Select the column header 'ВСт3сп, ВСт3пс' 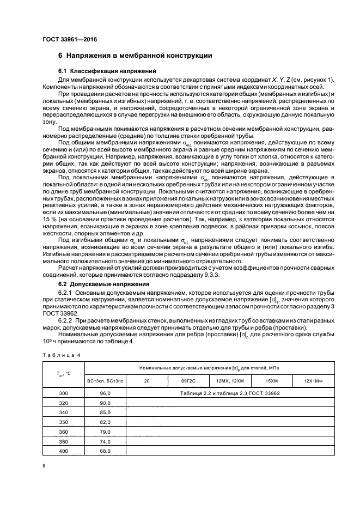tap(106, 381)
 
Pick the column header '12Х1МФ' tap(313, 381)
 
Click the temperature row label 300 tap(64, 392)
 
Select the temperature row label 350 tap(64, 422)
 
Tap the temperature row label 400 tap(64, 451)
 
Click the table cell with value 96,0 tap(106, 392)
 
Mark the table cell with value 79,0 tap(106, 432)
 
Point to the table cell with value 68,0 tap(106, 451)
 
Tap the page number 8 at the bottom tap(44, 466)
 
